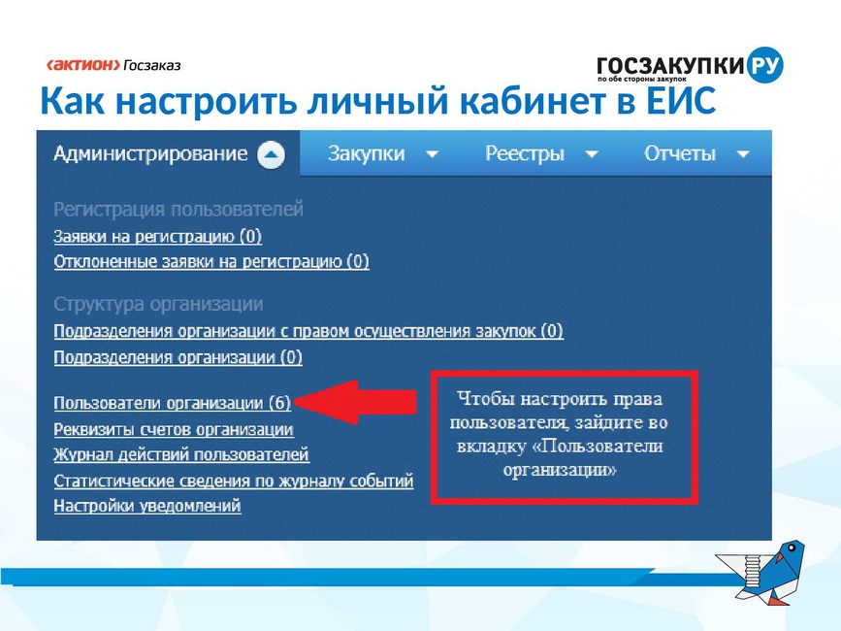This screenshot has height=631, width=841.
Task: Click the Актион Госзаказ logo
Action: (113, 65)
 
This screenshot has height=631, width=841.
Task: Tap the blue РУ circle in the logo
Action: (764, 65)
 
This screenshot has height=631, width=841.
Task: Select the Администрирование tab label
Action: (150, 154)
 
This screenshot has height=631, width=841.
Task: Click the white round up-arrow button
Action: (271, 154)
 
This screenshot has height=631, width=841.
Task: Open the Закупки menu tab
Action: (367, 154)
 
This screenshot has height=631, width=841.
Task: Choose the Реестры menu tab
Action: (525, 154)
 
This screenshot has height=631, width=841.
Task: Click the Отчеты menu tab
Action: (680, 154)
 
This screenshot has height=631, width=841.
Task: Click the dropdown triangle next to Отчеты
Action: (743, 154)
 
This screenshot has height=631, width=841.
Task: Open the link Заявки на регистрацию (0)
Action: (158, 237)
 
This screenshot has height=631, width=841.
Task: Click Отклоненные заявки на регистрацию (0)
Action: (211, 262)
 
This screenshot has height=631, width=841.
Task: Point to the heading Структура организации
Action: (158, 304)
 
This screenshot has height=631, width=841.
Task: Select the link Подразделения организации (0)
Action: (178, 357)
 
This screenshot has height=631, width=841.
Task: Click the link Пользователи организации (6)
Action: (172, 403)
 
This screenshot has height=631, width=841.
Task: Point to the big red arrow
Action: (355, 403)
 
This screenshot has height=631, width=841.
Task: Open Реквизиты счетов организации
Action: (174, 429)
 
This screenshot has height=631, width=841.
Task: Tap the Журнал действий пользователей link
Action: (181, 455)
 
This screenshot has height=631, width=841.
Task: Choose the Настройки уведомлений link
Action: (147, 506)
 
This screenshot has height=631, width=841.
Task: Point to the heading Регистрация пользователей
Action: (178, 209)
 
